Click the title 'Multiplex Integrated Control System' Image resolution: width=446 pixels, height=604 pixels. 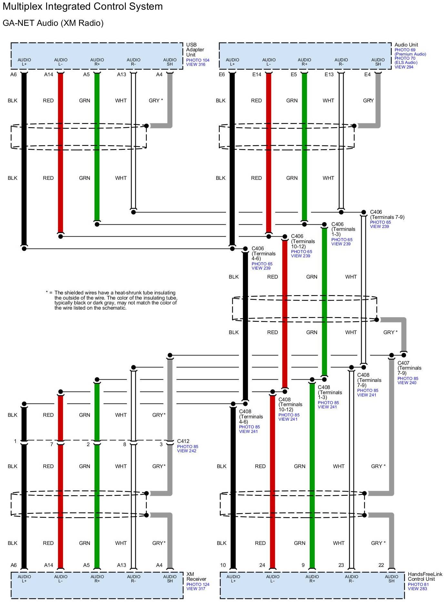pyautogui.click(x=83, y=6)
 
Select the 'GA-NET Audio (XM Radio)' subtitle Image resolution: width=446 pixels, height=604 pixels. pyautogui.click(x=53, y=23)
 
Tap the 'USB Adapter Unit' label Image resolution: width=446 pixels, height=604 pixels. pyautogui.click(x=195, y=50)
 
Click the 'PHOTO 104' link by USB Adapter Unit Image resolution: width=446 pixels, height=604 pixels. pyautogui.click(x=198, y=60)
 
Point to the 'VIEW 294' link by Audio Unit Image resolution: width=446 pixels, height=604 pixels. pyautogui.click(x=404, y=67)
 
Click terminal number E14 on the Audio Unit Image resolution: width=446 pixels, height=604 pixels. pyautogui.click(x=257, y=75)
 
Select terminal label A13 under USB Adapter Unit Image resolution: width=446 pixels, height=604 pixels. pyautogui.click(x=121, y=75)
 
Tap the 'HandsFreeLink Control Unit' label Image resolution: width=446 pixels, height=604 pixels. pyautogui.click(x=425, y=577)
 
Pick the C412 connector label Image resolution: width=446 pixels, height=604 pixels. pyautogui.click(x=183, y=441)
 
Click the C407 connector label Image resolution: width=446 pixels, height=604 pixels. pyautogui.click(x=403, y=363)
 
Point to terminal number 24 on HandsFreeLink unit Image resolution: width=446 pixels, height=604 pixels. pyautogui.click(x=262, y=565)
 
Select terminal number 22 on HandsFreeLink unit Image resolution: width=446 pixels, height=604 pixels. pyautogui.click(x=381, y=565)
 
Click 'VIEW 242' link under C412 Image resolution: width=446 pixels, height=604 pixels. pyautogui.click(x=187, y=451)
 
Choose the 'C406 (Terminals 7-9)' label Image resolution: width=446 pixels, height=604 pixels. pyautogui.click(x=387, y=215)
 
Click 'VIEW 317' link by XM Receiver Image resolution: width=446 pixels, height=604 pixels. pyautogui.click(x=196, y=589)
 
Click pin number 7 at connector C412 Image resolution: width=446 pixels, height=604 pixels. pyautogui.click(x=52, y=445)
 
